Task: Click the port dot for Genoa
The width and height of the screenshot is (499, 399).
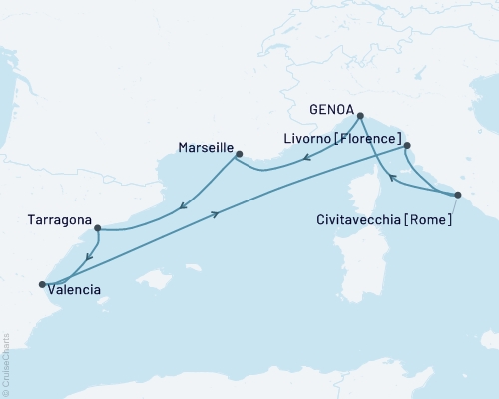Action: [360, 116]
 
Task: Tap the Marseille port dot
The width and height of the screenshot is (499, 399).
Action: [238, 153]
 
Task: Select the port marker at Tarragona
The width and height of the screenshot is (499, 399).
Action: [97, 228]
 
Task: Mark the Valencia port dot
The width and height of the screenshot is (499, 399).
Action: [42, 285]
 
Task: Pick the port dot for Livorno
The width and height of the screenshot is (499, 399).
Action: [406, 145]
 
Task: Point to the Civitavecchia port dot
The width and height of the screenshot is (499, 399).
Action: [458, 195]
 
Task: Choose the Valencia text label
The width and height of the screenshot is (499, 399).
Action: [75, 291]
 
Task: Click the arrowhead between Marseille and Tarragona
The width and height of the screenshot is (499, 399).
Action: [182, 206]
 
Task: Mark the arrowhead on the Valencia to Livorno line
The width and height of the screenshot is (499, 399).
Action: [216, 213]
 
